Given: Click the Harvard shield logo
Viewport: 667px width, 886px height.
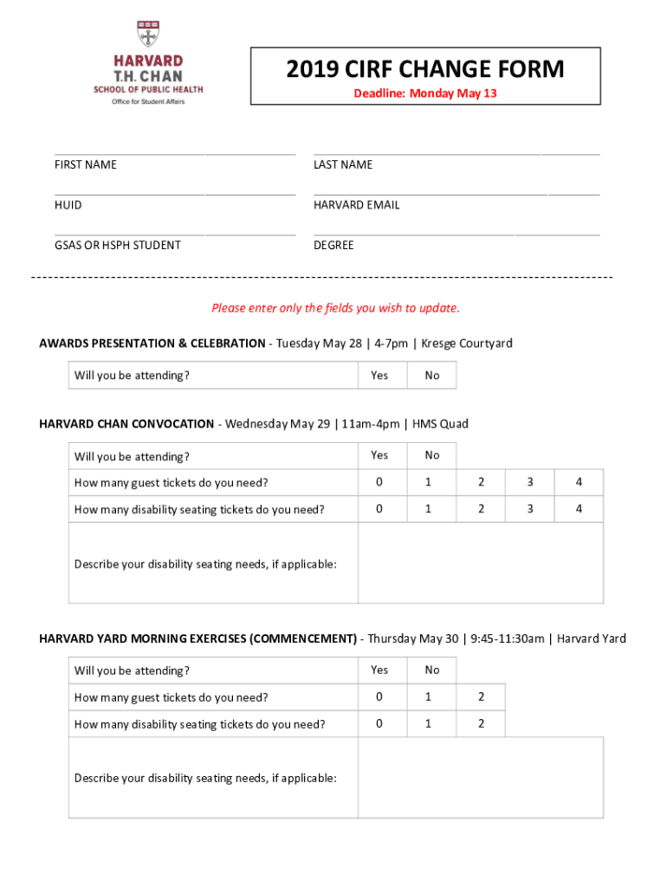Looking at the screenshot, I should tap(148, 34).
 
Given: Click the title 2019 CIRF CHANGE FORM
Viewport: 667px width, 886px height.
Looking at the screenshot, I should tap(425, 69).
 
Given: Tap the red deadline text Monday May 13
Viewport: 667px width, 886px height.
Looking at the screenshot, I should tap(425, 93).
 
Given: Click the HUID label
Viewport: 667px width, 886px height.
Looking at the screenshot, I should tap(68, 205).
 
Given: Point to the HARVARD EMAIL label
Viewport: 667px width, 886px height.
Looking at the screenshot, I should tap(357, 205).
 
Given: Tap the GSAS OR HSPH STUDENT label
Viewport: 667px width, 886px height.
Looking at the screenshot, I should tap(118, 245).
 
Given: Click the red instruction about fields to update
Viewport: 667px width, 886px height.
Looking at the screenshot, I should tap(336, 308).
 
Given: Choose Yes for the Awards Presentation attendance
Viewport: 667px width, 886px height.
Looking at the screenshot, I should tap(379, 376).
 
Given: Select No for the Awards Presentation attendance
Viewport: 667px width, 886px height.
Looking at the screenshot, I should tap(432, 376).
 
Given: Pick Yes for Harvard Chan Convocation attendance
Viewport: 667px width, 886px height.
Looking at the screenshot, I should tap(379, 455).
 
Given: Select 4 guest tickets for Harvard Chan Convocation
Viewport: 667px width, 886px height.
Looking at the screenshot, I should tap(579, 482).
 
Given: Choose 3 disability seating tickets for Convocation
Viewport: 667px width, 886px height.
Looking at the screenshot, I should tap(530, 509).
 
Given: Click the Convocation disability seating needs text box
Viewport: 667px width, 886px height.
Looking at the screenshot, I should tap(480, 563).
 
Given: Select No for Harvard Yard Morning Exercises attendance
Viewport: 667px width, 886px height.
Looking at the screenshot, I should tap(432, 670).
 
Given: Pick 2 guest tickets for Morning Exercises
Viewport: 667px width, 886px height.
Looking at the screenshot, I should tap(481, 697).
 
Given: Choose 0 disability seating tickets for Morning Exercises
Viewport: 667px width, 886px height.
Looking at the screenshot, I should tap(379, 723).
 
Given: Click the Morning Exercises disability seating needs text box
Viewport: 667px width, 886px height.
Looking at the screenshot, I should tap(480, 777).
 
